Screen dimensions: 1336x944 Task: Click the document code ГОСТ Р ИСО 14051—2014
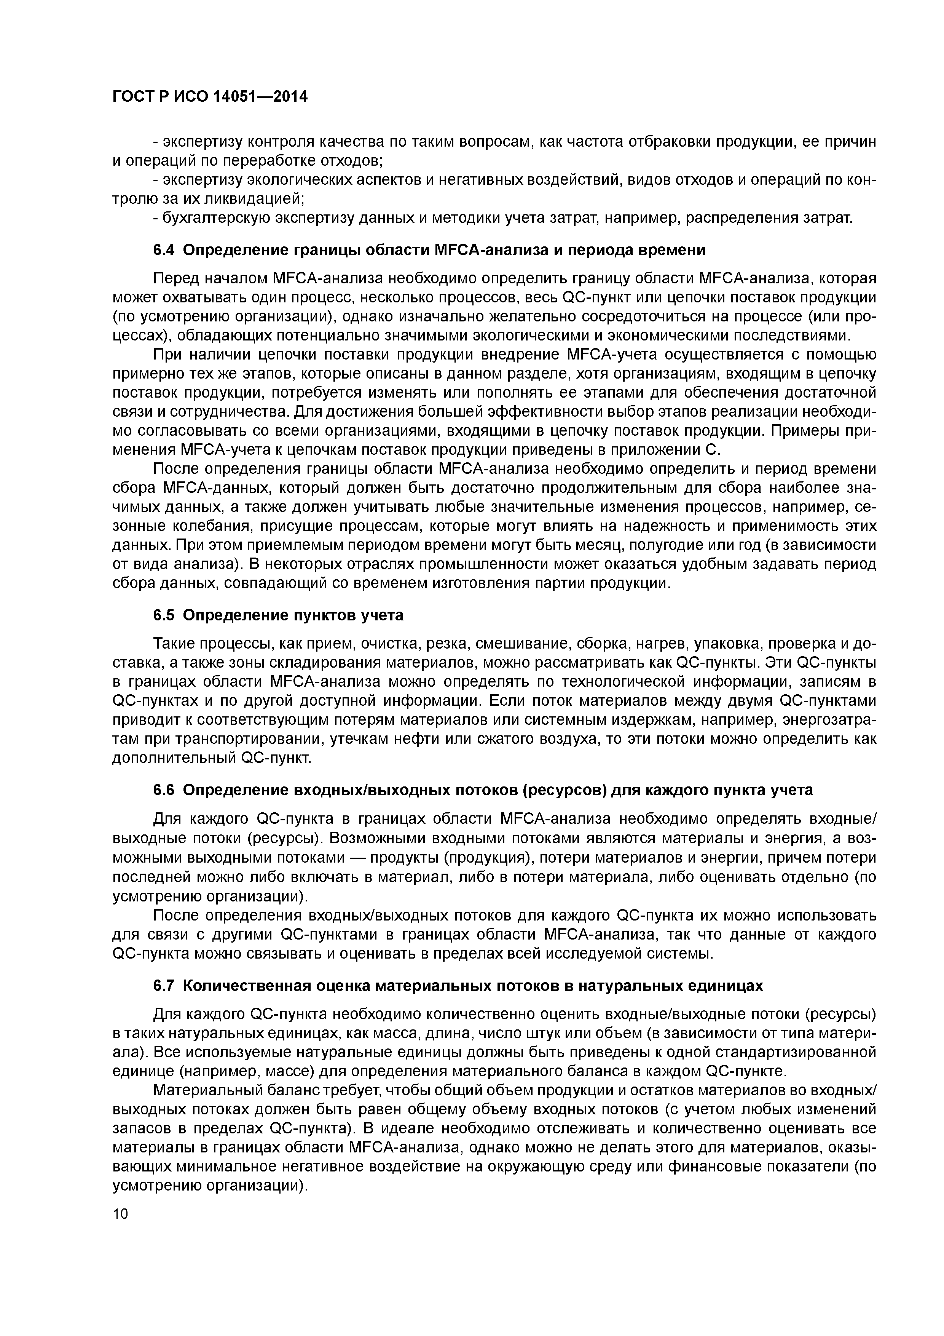pyautogui.click(x=209, y=97)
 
